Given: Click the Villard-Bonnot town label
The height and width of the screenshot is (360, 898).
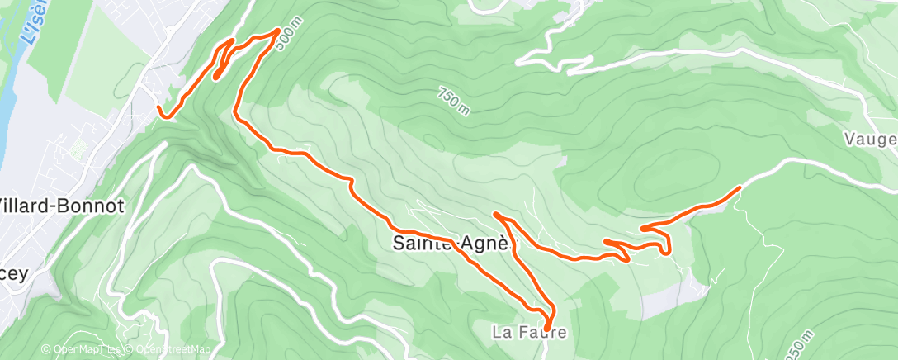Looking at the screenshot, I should (61, 206).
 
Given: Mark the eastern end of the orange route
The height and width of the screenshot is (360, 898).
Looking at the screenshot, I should (738, 188).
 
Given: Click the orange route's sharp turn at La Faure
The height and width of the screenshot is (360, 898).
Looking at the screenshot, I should (546, 329).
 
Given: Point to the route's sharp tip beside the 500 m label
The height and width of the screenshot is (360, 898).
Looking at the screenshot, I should (276, 31).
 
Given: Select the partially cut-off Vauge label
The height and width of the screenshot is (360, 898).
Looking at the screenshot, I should (870, 140).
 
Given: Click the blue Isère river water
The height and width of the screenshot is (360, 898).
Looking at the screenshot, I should (7, 99).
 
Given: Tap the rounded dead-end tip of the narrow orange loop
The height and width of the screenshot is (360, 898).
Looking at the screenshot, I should (215, 78).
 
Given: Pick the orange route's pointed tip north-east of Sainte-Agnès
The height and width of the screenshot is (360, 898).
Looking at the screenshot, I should (495, 214).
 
